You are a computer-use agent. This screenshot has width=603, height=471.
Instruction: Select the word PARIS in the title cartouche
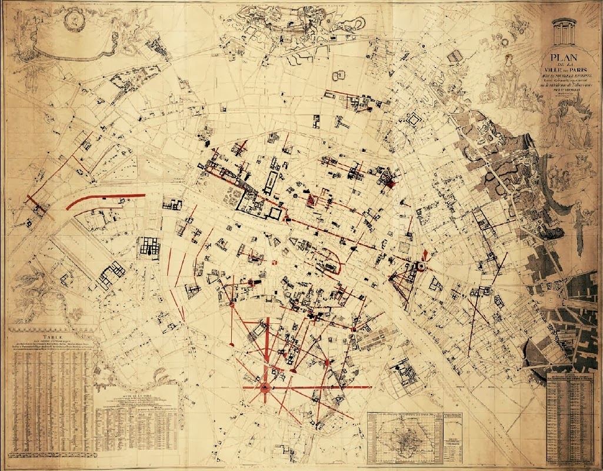[x=573, y=70]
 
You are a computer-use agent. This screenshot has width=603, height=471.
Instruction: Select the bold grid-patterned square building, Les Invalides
[x=149, y=247]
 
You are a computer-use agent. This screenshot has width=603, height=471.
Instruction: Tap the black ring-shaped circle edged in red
[x=421, y=266]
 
